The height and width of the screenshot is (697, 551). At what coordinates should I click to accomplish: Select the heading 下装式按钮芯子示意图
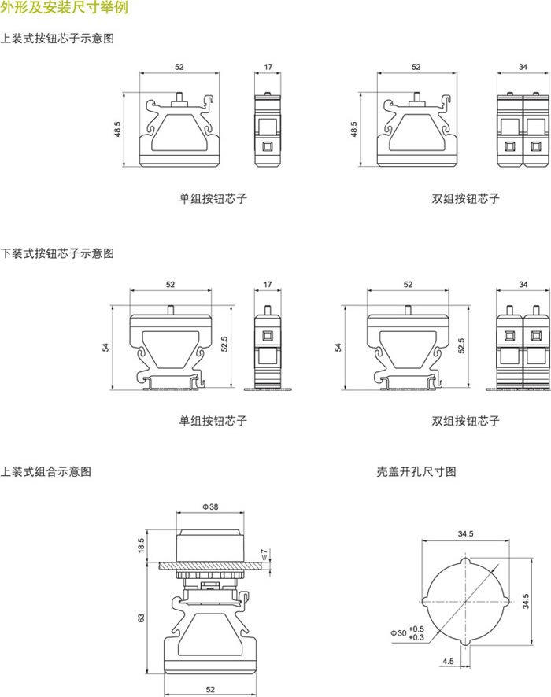(57, 253)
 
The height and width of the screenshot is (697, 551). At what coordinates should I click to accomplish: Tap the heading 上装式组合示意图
(46, 472)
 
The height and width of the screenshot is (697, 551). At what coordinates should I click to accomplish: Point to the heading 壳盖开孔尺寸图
(416, 472)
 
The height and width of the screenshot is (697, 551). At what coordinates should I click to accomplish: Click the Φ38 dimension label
(210, 507)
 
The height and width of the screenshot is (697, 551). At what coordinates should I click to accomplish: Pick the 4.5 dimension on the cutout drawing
(447, 661)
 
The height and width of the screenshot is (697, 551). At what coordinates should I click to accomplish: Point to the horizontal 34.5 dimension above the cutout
(465, 534)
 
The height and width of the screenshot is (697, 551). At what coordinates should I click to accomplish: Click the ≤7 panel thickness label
(264, 556)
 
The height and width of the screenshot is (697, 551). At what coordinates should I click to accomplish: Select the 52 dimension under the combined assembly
(210, 689)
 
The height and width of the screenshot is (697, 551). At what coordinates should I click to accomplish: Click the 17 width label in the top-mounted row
(268, 68)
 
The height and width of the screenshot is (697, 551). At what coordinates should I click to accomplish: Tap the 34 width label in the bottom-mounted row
(523, 283)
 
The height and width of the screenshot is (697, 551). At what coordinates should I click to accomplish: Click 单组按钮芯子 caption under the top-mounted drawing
(213, 198)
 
